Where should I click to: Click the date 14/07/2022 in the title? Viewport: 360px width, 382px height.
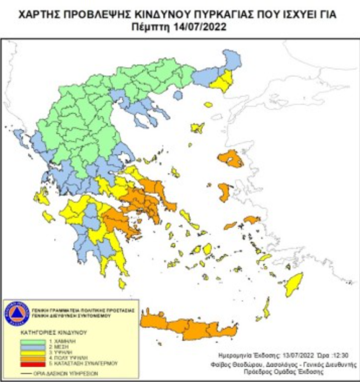[x=207, y=27]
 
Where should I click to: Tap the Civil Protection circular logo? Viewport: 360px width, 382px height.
[x=17, y=314]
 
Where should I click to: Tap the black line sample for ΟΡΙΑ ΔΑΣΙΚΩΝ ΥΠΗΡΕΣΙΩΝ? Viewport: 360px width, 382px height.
[x=26, y=373]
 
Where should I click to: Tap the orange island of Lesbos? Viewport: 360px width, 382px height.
[x=231, y=158]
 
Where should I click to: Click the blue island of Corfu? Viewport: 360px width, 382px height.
[x=19, y=136]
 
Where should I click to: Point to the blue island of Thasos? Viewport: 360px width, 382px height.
[x=178, y=95]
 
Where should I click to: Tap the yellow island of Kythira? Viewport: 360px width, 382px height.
[x=122, y=283]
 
